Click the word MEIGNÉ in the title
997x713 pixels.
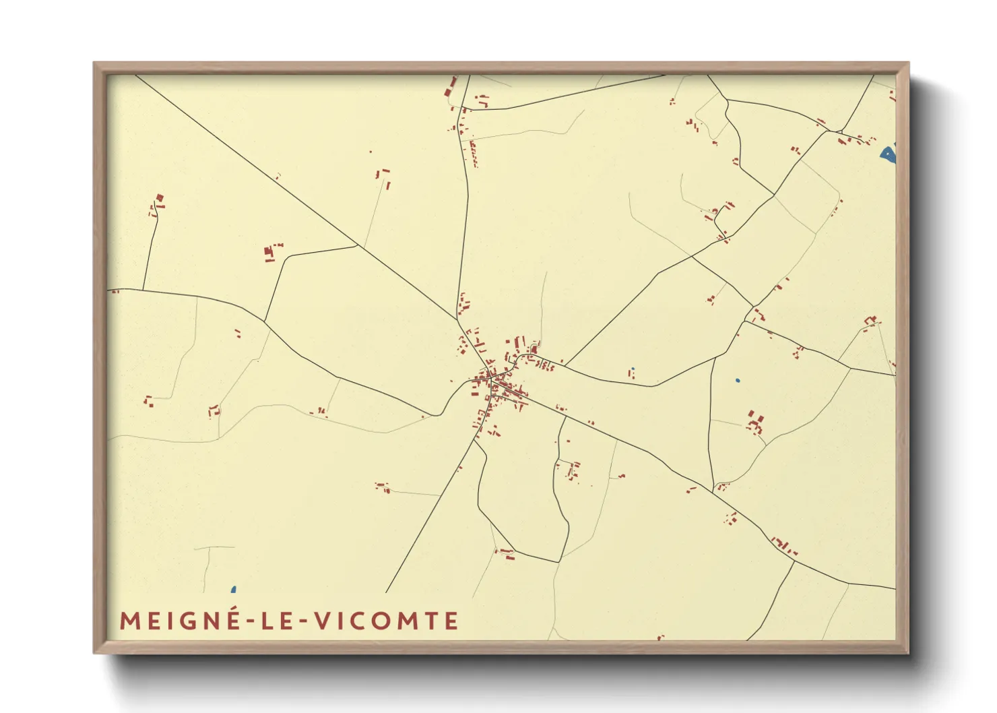click(179, 621)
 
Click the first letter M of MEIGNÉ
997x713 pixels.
click(129, 621)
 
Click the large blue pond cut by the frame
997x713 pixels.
click(889, 155)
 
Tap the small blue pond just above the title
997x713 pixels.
click(233, 590)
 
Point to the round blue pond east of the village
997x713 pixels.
click(738, 381)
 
